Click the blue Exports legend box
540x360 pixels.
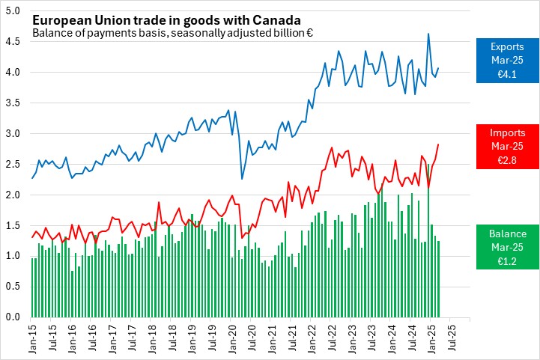point(508,61)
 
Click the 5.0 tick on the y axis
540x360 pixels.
point(13,11)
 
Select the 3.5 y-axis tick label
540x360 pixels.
point(13,103)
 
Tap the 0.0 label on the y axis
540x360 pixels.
point(13,317)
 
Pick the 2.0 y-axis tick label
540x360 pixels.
point(13,195)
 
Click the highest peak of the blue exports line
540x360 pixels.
point(428,34)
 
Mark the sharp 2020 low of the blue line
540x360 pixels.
point(242,178)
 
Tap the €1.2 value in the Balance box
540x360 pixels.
point(508,261)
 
